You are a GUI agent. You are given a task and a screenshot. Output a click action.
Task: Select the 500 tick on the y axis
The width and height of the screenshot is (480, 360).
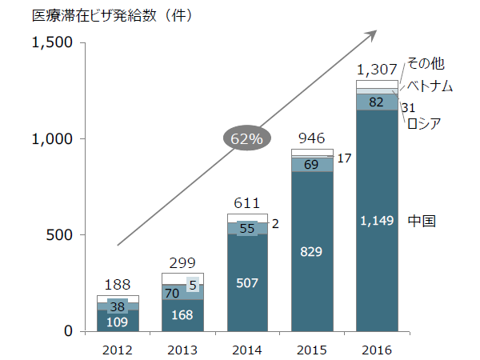(61, 235)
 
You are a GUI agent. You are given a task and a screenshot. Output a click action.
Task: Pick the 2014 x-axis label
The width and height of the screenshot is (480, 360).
(247, 350)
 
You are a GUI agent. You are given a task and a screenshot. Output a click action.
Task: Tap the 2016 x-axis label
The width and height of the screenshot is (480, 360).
(377, 350)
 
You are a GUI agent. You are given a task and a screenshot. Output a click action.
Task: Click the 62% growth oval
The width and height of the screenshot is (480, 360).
(246, 138)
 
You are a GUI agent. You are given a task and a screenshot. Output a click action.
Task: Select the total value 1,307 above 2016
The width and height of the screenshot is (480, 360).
(377, 69)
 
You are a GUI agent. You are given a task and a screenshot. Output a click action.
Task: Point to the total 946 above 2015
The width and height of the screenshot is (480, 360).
(311, 138)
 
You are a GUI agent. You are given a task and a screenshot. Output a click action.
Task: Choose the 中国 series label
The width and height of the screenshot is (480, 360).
(422, 221)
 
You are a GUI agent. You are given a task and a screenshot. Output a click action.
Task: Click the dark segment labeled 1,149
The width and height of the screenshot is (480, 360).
(377, 221)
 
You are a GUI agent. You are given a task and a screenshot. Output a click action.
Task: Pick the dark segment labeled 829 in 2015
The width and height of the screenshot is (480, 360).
(311, 252)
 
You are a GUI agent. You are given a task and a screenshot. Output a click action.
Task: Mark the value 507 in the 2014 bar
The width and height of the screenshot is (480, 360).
(247, 282)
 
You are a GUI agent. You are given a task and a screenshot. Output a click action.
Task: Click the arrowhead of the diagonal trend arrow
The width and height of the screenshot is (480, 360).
(374, 33)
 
